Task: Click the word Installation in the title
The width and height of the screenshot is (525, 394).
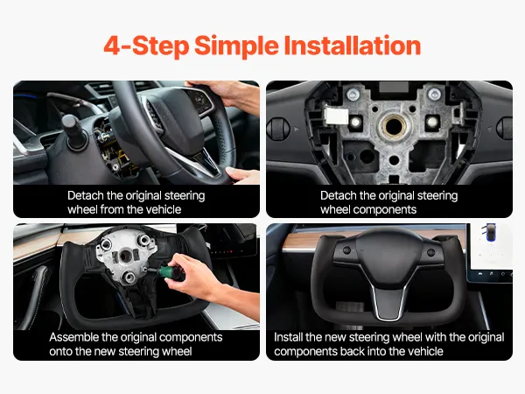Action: coord(353,46)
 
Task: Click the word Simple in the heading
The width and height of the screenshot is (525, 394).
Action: coord(236,46)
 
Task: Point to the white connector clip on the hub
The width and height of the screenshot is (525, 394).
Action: coord(336,116)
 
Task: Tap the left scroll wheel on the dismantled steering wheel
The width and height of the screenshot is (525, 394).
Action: coord(278,129)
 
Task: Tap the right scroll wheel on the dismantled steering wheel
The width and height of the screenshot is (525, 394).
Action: coord(506,128)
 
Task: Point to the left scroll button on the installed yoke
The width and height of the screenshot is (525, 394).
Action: coord(346,250)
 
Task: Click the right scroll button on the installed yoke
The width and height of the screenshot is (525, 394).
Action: coord(430,252)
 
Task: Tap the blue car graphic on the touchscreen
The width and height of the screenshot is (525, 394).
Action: coord(490,231)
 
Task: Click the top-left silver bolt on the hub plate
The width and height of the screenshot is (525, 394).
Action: coord(353,95)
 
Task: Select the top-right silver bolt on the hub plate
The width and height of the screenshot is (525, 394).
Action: coord(434,95)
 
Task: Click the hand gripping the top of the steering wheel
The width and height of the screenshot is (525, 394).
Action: coord(227,95)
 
